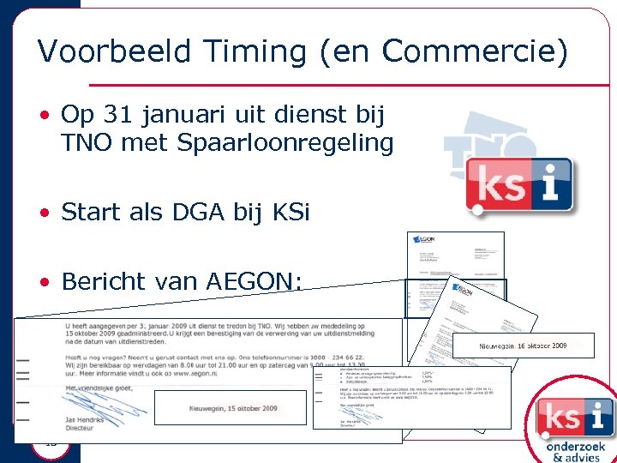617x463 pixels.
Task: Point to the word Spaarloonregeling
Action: tap(285, 142)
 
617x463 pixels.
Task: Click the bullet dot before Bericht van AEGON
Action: tap(43, 282)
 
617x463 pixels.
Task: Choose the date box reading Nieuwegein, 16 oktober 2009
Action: tap(523, 346)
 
